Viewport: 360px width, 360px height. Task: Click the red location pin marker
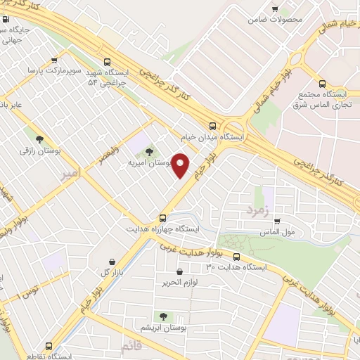point(181,165)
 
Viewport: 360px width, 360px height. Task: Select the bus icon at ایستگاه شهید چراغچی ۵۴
point(106,62)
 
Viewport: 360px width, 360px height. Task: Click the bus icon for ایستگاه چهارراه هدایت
point(162,218)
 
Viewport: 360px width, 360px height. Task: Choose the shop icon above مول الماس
point(277,221)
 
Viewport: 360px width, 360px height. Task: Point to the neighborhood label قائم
point(132,347)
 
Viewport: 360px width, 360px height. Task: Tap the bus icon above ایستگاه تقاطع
point(49,345)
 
